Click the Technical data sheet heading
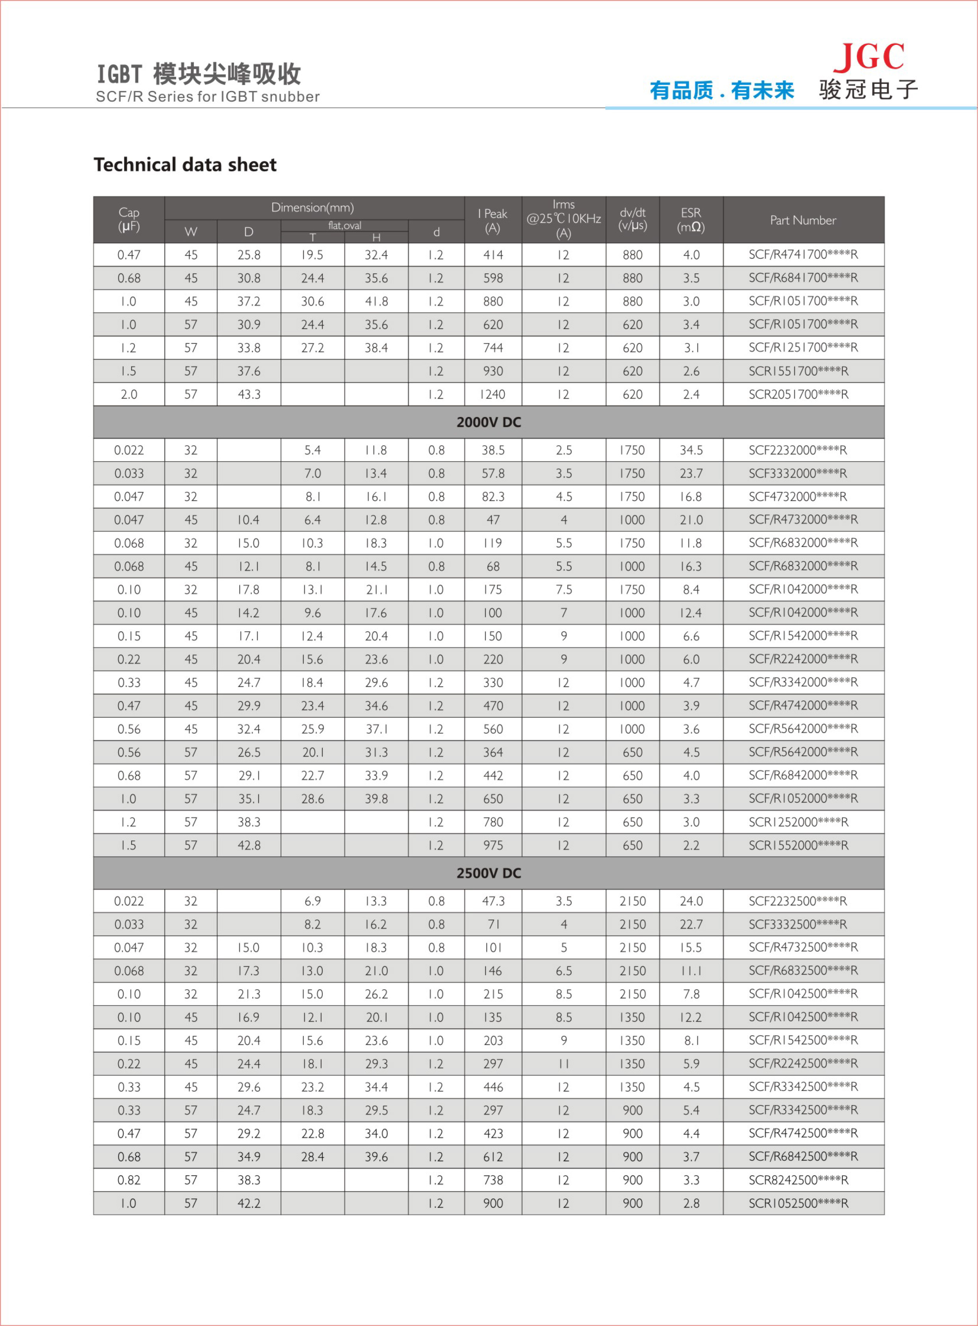pyautogui.click(x=185, y=165)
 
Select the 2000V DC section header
pyautogui.click(x=488, y=422)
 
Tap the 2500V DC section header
pyautogui.click(x=488, y=873)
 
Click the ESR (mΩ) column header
pyautogui.click(x=691, y=219)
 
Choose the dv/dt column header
pyautogui.click(x=632, y=219)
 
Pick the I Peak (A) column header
pyautogui.click(x=493, y=220)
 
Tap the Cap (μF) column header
pyautogui.click(x=128, y=219)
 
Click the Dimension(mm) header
pyautogui.click(x=312, y=208)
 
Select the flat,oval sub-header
pyautogui.click(x=344, y=225)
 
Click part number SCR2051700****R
pyautogui.click(x=798, y=394)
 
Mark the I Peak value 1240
pyautogui.click(x=493, y=394)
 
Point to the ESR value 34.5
pyautogui.click(x=691, y=450)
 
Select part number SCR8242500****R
pyautogui.click(x=798, y=1180)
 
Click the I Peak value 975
pyautogui.click(x=493, y=845)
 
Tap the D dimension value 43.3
pyautogui.click(x=249, y=394)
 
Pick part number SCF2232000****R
pyautogui.click(x=798, y=450)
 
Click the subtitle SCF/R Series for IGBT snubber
pyautogui.click(x=207, y=96)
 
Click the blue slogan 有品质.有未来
pyautogui.click(x=721, y=91)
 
